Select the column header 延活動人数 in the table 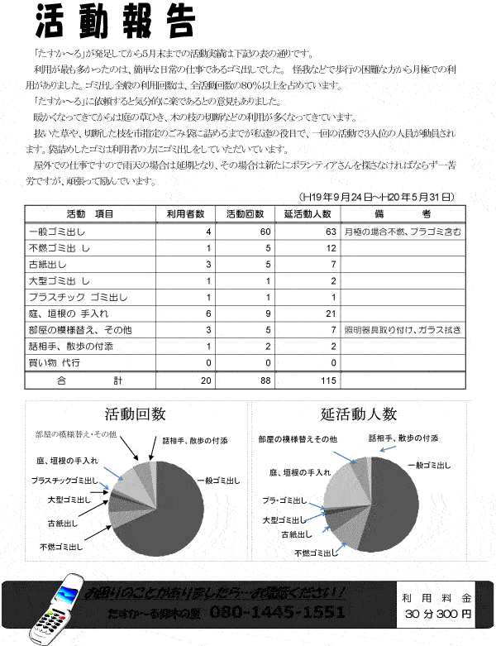point(308,213)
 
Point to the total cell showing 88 point(265,380)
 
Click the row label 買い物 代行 point(59,362)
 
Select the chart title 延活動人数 point(359,414)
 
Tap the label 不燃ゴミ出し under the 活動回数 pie point(61,547)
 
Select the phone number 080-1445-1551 point(277,612)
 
